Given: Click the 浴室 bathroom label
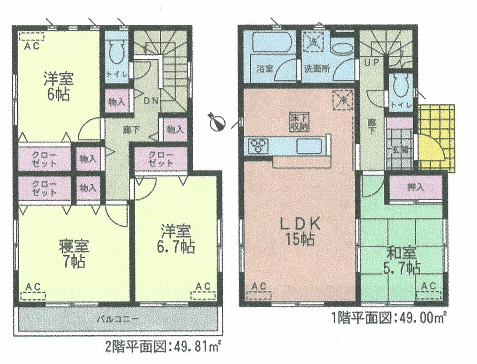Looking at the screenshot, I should click(264, 68).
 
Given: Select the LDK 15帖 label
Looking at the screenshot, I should click(298, 230).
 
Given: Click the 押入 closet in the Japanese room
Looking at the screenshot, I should click(416, 187).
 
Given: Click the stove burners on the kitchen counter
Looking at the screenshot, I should click(258, 145).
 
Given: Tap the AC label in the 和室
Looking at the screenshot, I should click(428, 286).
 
